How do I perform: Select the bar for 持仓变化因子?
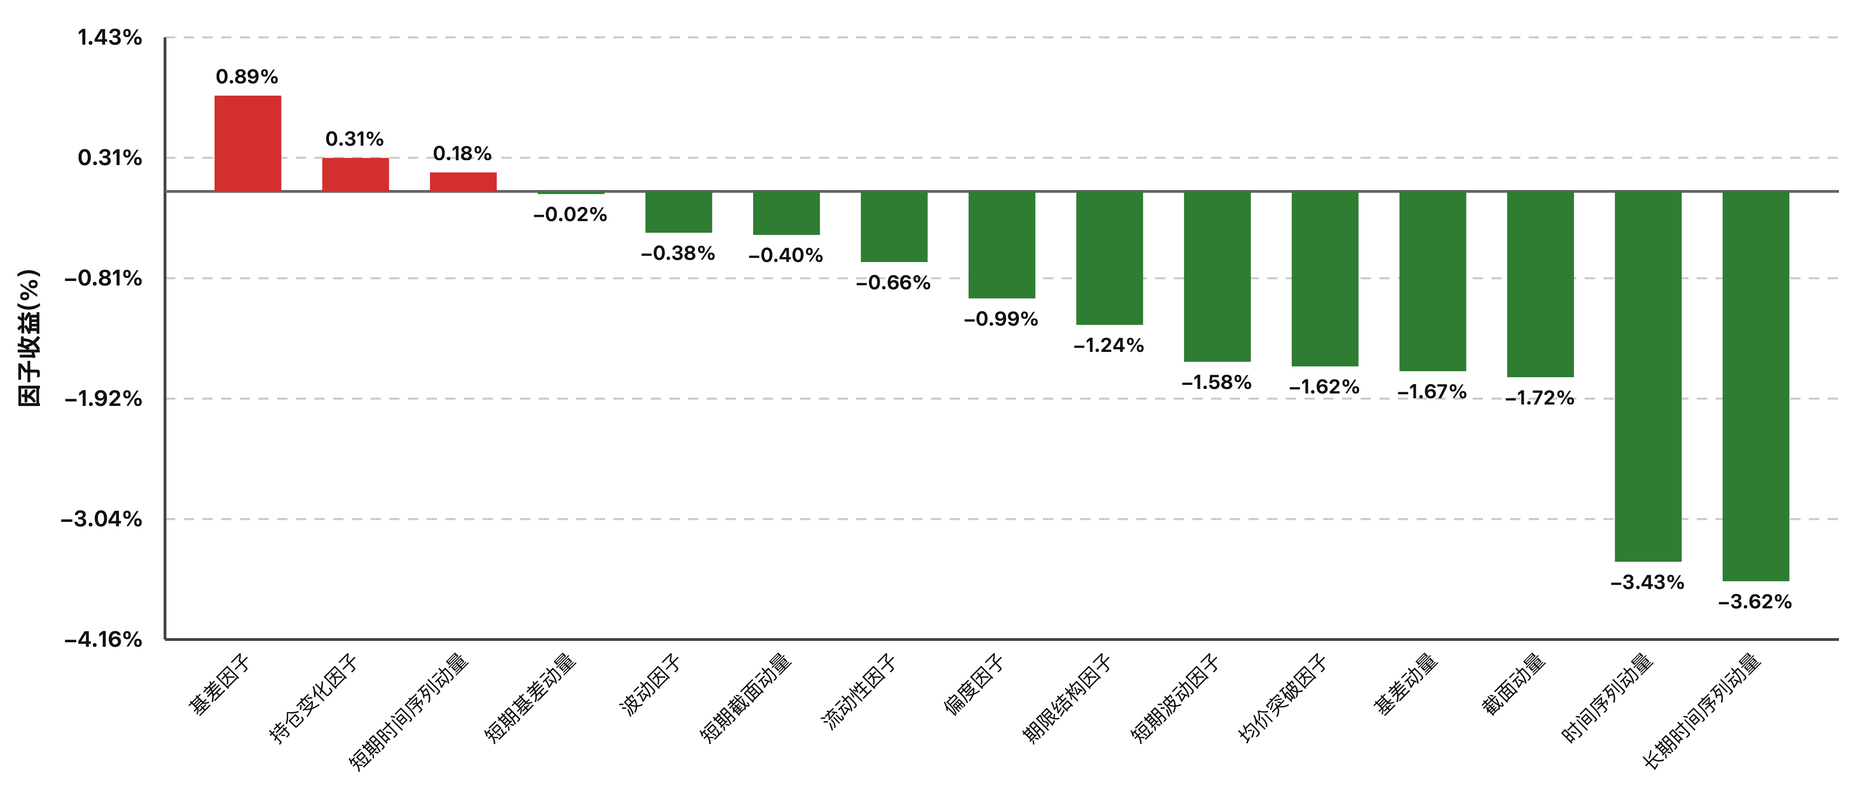[x=355, y=175]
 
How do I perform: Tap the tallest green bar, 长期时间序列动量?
[x=1756, y=387]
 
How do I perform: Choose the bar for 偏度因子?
[x=1001, y=245]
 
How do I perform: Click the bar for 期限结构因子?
[x=1109, y=258]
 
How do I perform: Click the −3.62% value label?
[x=1755, y=602]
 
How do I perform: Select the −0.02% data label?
[x=570, y=215]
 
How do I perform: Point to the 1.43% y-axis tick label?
[x=110, y=38]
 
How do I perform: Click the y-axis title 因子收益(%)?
[x=29, y=338]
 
